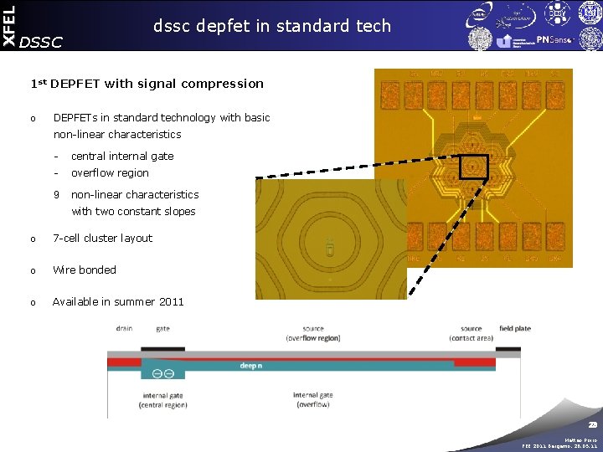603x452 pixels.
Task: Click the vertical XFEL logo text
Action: [x=8, y=24]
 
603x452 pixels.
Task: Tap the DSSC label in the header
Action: [x=40, y=42]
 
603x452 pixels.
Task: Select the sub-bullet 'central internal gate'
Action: [x=122, y=156]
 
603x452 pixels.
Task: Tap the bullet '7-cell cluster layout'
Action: [x=102, y=239]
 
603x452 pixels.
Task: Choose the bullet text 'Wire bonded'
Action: [x=85, y=270]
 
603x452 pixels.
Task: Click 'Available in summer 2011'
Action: [x=118, y=301]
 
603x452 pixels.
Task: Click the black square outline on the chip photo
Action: [x=472, y=168]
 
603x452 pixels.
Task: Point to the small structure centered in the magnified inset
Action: [x=330, y=248]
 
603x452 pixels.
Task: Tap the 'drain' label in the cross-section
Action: [x=126, y=329]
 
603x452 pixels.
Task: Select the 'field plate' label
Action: [x=514, y=329]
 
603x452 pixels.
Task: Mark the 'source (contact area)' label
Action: [x=471, y=333]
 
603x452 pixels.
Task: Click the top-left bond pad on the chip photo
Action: [x=390, y=91]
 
